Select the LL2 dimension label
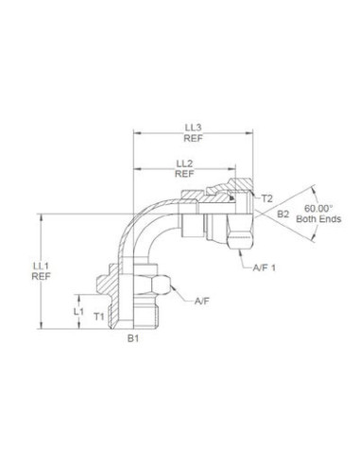(x=185, y=163)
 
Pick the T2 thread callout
(x=267, y=199)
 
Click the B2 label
(x=283, y=217)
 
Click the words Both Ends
(x=321, y=219)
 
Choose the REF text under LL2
(x=185, y=175)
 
